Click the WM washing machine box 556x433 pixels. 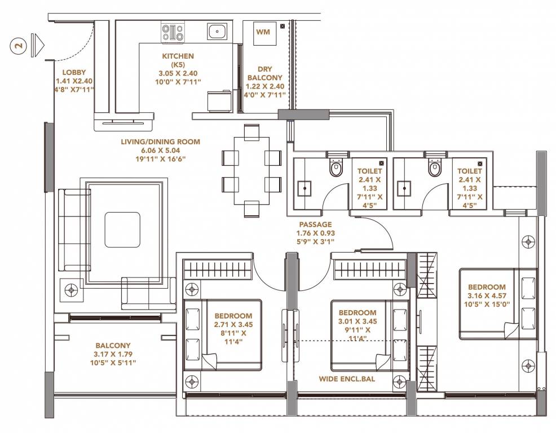(263, 32)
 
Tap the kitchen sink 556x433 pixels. (217, 31)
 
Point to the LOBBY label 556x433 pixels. (74, 72)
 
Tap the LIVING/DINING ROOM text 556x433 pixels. (160, 142)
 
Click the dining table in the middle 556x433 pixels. (252, 170)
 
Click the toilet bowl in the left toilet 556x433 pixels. (336, 168)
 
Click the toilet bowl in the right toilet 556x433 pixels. (434, 168)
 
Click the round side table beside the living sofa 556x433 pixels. (70, 291)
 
